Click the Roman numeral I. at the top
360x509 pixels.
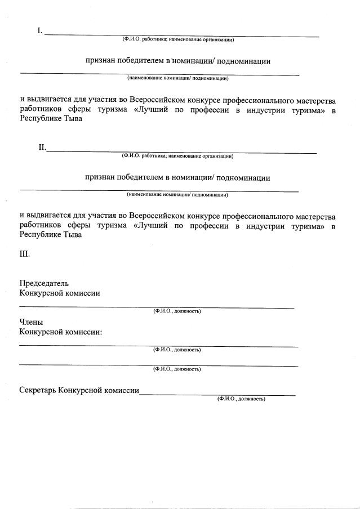[40, 31]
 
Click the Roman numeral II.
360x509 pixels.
[42, 148]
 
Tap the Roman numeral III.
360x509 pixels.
[25, 254]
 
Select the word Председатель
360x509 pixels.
[44, 283]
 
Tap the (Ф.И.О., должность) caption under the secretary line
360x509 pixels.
[241, 399]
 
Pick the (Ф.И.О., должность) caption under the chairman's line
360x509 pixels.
[177, 311]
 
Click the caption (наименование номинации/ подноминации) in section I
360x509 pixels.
[177, 78]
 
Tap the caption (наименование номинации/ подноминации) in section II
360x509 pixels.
[177, 195]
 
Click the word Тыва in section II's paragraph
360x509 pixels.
[72, 235]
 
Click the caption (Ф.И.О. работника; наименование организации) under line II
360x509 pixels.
[177, 156]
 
